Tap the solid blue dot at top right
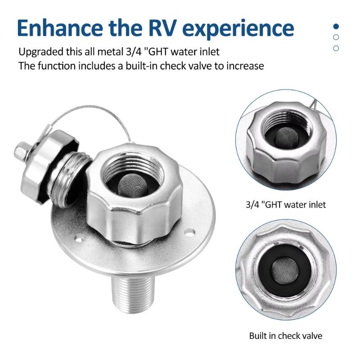(x=336, y=26)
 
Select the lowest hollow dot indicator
(x=336, y=48)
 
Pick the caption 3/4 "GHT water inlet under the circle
(x=287, y=205)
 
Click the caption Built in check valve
(x=286, y=336)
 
